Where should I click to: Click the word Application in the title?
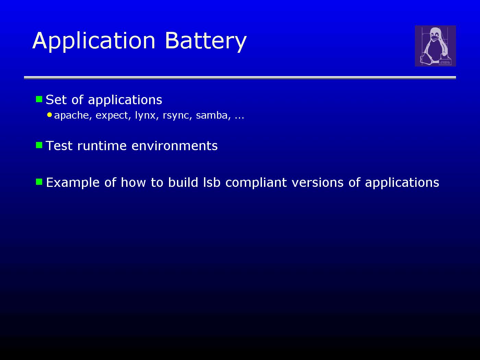pos(94,41)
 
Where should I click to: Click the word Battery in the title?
pos(206,41)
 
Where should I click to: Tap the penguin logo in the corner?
pos(435,46)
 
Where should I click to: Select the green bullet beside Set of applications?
pos(39,99)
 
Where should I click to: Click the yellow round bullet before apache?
pos(49,115)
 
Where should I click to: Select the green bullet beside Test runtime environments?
pos(39,145)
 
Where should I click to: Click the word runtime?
pos(102,146)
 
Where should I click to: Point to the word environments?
pos(175,146)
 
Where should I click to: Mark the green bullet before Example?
pos(39,182)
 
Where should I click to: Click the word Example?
pos(73,183)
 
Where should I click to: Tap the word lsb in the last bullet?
pos(212,182)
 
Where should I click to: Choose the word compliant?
pos(256,183)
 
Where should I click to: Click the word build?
pos(183,182)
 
